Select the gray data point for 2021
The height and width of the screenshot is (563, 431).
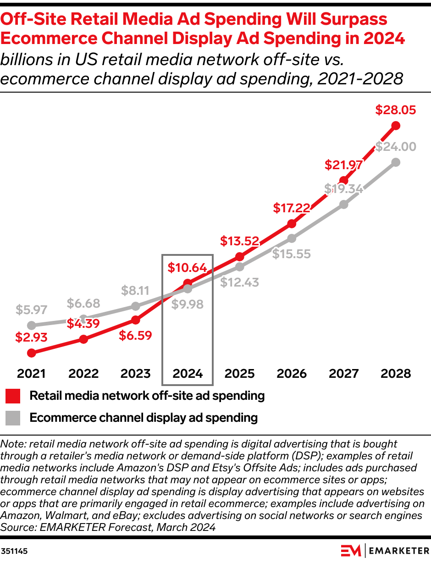[31, 326]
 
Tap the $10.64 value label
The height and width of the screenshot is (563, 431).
[187, 268]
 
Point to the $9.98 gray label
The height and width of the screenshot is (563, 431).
[187, 304]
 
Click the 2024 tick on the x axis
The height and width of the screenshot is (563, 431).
[188, 374]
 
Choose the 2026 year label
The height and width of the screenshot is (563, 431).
[292, 374]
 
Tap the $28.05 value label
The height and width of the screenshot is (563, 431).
[396, 110]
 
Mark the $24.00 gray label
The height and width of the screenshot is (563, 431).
[396, 147]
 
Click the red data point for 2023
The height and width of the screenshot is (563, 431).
[135, 320]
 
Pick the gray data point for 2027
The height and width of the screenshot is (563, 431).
[344, 204]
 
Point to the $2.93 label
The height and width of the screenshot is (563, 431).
[31, 338]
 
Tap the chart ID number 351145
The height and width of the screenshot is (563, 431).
[15, 551]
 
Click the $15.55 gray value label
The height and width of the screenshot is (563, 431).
[292, 254]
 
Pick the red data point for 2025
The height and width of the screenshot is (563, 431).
[239, 257]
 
